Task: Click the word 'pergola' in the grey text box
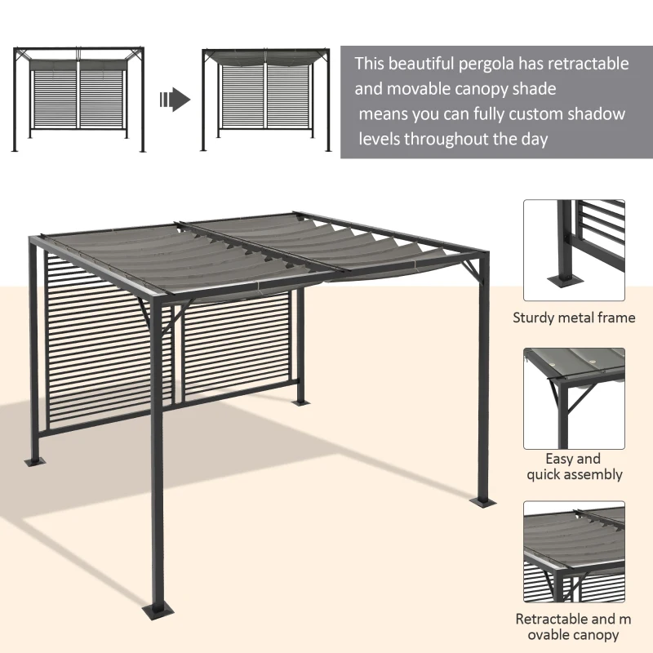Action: [x=488, y=64]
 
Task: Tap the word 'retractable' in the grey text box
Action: [x=587, y=64]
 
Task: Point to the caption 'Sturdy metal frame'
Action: [x=574, y=318]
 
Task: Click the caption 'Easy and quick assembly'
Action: [x=574, y=466]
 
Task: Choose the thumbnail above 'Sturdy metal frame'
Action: [x=574, y=251]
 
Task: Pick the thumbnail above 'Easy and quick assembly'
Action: [x=574, y=398]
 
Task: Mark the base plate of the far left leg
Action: [x=36, y=461]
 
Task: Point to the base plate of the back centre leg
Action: [x=300, y=402]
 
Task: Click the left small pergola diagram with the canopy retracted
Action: [x=79, y=100]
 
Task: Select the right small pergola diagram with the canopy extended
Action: [x=266, y=100]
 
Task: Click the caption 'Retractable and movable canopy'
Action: [x=574, y=627]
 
